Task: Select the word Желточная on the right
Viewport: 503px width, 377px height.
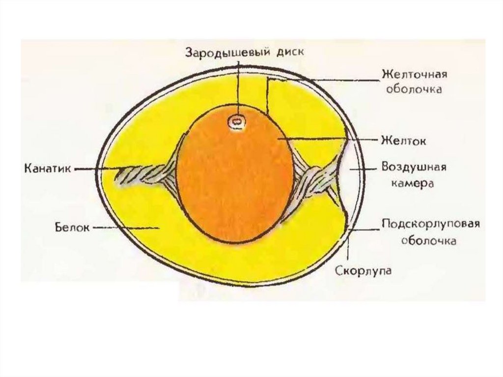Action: point(414,75)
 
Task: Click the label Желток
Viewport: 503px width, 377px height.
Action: point(403,141)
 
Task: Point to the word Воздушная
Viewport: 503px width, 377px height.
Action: point(414,167)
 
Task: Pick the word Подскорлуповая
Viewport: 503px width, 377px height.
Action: point(431,225)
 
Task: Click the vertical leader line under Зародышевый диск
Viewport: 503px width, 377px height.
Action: point(239,88)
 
